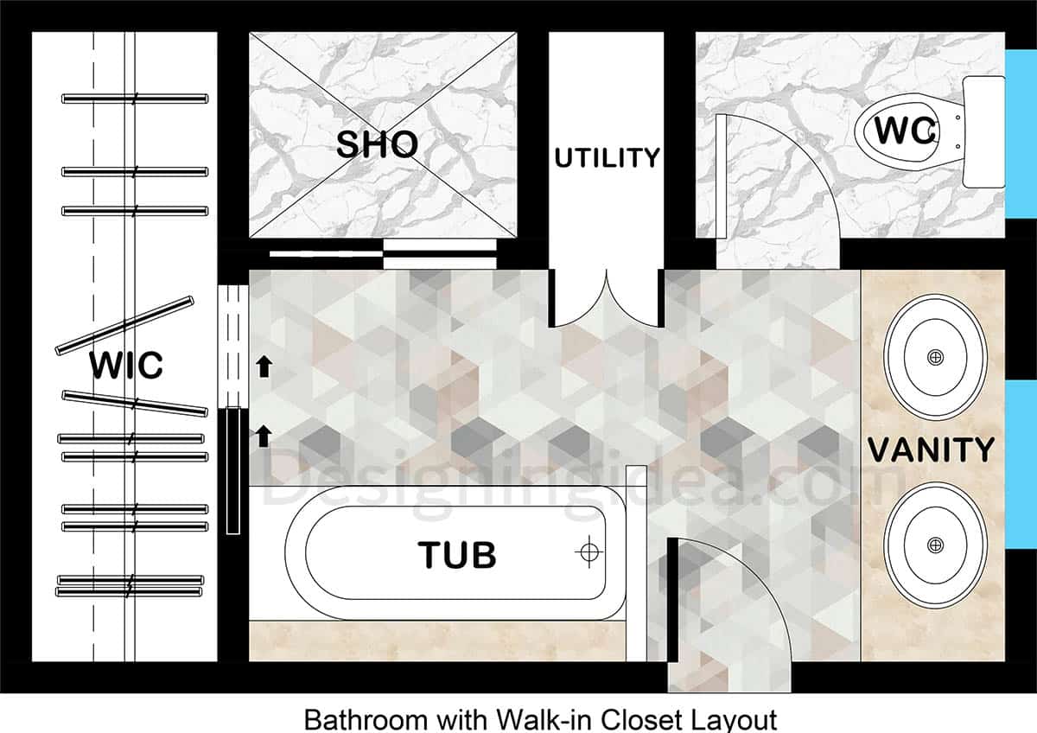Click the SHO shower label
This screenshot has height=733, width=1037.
377,145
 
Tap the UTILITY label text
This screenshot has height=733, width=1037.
607,158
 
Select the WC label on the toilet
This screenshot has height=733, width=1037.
905,131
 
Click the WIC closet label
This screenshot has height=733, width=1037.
126,366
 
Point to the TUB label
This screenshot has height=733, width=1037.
457,555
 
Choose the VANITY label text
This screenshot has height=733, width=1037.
931,450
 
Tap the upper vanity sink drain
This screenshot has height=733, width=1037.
935,357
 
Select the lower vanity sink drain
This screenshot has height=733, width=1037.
935,545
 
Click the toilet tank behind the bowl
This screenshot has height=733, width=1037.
983,131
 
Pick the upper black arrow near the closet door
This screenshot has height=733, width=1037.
264,367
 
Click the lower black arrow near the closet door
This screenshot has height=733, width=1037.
264,436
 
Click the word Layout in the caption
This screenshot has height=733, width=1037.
740,719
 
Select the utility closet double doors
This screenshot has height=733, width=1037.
607,298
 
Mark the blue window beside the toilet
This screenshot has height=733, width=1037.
1021,133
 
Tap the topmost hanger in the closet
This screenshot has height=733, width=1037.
135,99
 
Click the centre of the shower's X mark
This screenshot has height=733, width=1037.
383,136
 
